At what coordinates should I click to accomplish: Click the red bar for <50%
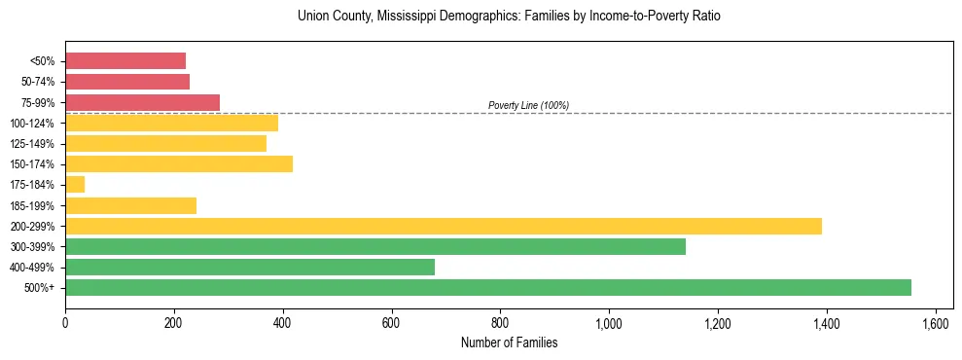(125, 61)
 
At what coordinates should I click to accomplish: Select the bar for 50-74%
(127, 82)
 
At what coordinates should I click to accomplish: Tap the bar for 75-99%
(142, 102)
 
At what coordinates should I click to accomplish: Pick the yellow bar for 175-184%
(75, 185)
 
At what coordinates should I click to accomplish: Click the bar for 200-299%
(444, 226)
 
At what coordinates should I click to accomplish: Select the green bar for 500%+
(488, 287)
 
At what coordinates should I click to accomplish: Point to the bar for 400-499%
(250, 267)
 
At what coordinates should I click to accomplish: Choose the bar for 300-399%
(375, 246)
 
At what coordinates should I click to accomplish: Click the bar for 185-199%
(130, 205)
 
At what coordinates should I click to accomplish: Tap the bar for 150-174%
(179, 164)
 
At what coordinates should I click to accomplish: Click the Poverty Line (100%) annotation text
(528, 105)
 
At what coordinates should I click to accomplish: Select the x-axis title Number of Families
(509, 342)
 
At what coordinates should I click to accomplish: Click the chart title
(509, 17)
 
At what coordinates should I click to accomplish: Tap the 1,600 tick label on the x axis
(935, 321)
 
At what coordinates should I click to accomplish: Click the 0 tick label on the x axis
(65, 321)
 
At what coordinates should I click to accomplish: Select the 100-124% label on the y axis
(32, 124)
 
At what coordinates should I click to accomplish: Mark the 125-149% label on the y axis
(32, 144)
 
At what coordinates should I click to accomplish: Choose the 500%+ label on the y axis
(39, 288)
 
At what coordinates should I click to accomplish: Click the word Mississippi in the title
(425, 17)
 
